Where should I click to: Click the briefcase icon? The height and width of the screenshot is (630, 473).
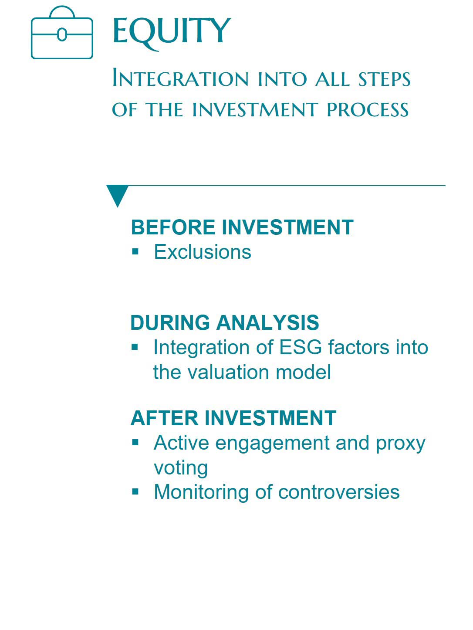pos(62,18)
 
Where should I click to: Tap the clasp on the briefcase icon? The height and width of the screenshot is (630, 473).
pos(62,34)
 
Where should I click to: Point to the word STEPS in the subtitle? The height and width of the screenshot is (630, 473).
pos(384,79)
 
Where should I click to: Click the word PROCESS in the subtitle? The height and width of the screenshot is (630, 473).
pos(368,109)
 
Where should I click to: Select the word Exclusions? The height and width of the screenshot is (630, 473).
pos(203,252)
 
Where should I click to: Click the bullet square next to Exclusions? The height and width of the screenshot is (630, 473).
pos(135,252)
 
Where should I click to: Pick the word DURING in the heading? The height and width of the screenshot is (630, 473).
pos(170,322)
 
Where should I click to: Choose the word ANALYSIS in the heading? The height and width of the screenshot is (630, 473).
pos(267,322)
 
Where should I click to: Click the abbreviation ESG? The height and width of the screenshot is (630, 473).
pos(301,347)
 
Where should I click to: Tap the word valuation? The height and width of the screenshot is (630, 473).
pos(228,372)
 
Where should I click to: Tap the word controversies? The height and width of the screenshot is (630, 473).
pos(339,492)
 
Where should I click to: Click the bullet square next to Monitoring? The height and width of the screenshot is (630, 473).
pos(135,492)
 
